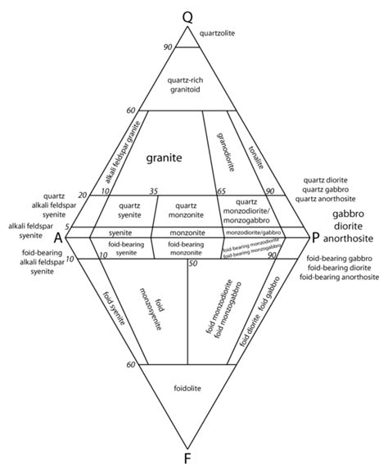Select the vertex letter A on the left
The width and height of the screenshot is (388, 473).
pyautogui.click(x=58, y=237)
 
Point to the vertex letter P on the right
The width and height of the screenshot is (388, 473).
pyautogui.click(x=315, y=237)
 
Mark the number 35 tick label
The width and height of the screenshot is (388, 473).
pyautogui.click(x=153, y=191)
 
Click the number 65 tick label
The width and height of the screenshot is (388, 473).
pyautogui.click(x=220, y=191)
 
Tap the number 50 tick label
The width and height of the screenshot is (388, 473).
pyautogui.click(x=193, y=264)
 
